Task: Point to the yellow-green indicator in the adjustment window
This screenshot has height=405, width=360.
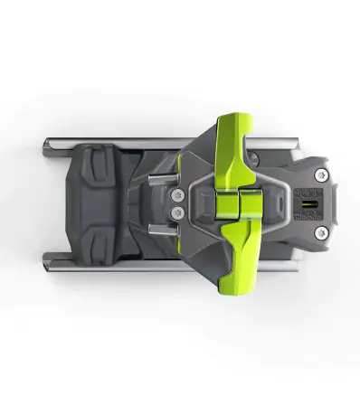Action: click(306, 203)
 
